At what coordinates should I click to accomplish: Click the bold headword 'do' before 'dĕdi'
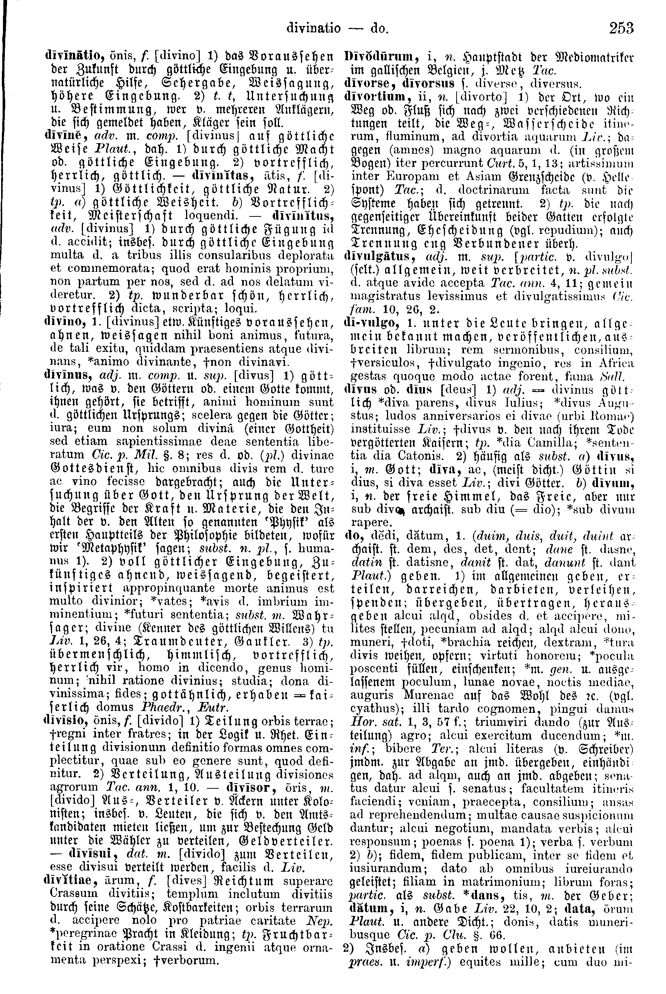[x=350, y=538]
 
